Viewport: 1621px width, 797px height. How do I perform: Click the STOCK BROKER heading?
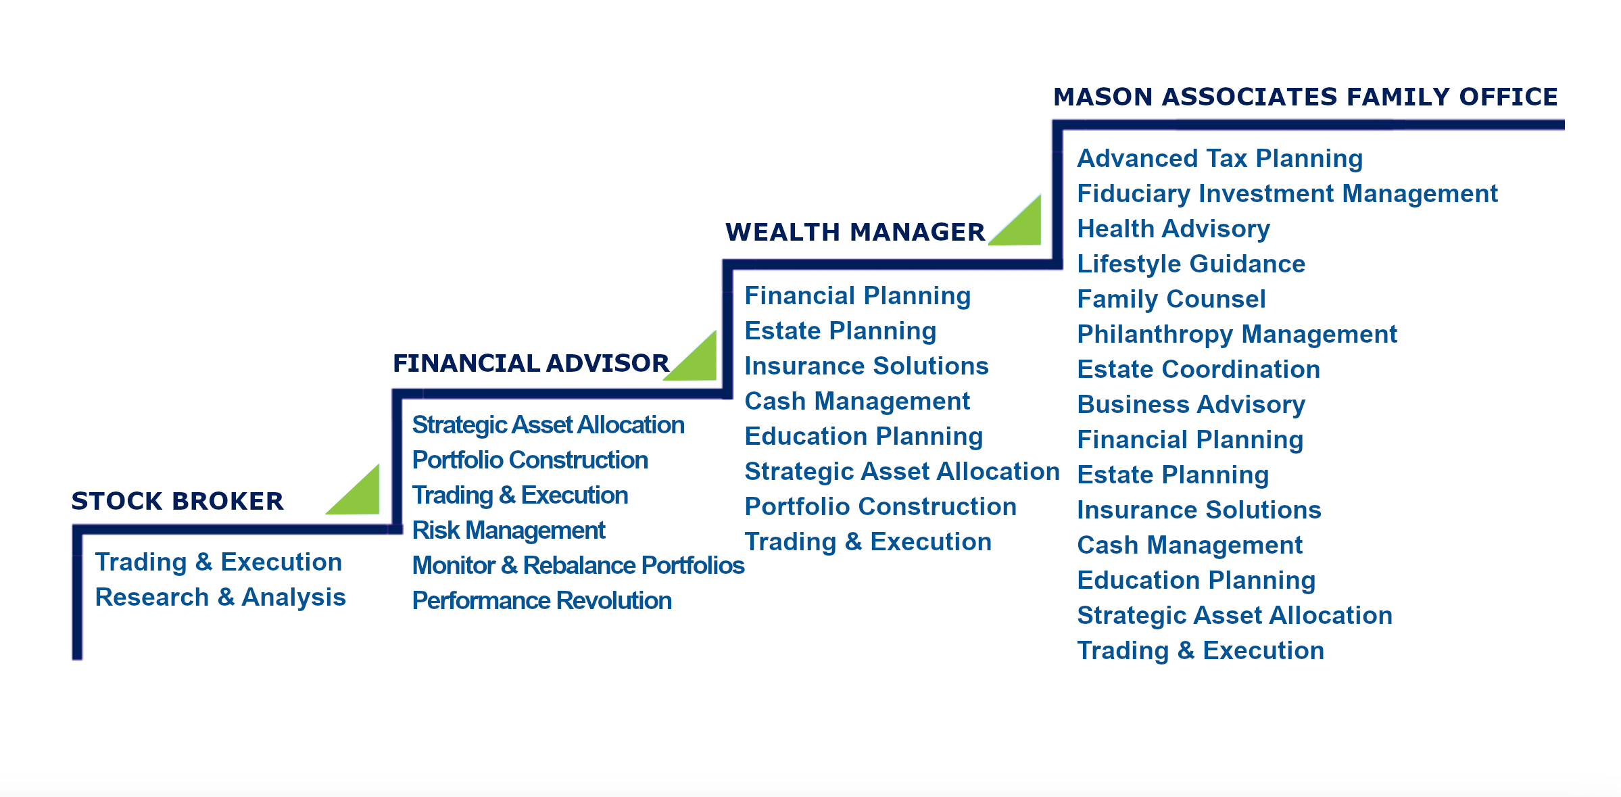[177, 501]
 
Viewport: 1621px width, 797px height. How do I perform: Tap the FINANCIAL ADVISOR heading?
[531, 363]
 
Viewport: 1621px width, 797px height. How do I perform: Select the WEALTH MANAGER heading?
[855, 232]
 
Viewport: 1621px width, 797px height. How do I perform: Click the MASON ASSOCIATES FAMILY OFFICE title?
[1305, 97]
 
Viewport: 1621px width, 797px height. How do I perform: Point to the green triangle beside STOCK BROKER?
[362, 497]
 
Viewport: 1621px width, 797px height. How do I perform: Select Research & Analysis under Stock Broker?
[220, 597]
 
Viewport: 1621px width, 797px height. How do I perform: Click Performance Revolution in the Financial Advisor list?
[541, 600]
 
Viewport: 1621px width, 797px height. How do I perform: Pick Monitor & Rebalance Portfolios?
[578, 565]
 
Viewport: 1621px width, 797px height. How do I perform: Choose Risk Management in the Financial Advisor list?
[508, 530]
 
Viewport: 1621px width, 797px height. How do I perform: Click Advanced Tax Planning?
[1219, 158]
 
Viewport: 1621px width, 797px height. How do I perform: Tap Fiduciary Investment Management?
[1287, 193]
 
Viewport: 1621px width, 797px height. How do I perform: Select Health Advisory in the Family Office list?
[1174, 228]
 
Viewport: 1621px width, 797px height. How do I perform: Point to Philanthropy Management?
[1236, 334]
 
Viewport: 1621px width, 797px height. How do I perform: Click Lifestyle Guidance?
[1190, 264]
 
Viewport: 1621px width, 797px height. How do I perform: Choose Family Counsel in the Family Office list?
[1171, 299]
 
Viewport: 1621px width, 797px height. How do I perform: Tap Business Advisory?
[1190, 404]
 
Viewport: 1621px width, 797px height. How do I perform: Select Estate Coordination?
[1198, 369]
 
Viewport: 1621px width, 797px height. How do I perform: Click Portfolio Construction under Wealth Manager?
[880, 506]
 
